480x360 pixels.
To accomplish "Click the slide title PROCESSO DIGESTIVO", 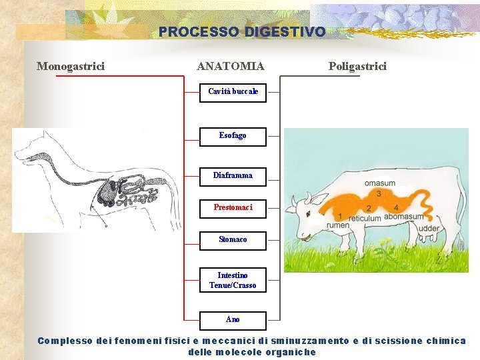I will tap(242, 32).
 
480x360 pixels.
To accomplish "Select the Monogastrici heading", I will tap(71, 66).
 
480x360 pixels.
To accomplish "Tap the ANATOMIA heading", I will tap(231, 66).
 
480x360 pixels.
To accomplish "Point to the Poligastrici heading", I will tap(357, 66).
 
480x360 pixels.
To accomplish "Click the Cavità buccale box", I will tap(233, 92).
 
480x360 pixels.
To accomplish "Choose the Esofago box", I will tap(233, 136).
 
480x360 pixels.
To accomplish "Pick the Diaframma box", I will tap(233, 176).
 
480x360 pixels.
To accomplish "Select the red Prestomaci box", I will tap(233, 208).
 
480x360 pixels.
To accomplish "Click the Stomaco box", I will tap(233, 240).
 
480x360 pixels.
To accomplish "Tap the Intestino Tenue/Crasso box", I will tap(233, 280).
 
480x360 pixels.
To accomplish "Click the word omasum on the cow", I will tap(379, 183).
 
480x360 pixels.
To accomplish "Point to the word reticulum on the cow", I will tap(365, 218).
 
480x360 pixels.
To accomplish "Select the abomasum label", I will tap(404, 217).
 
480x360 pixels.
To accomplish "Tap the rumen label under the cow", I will tap(337, 225).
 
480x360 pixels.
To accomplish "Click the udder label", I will tap(429, 229).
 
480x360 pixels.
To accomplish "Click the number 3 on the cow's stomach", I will tap(379, 194).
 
